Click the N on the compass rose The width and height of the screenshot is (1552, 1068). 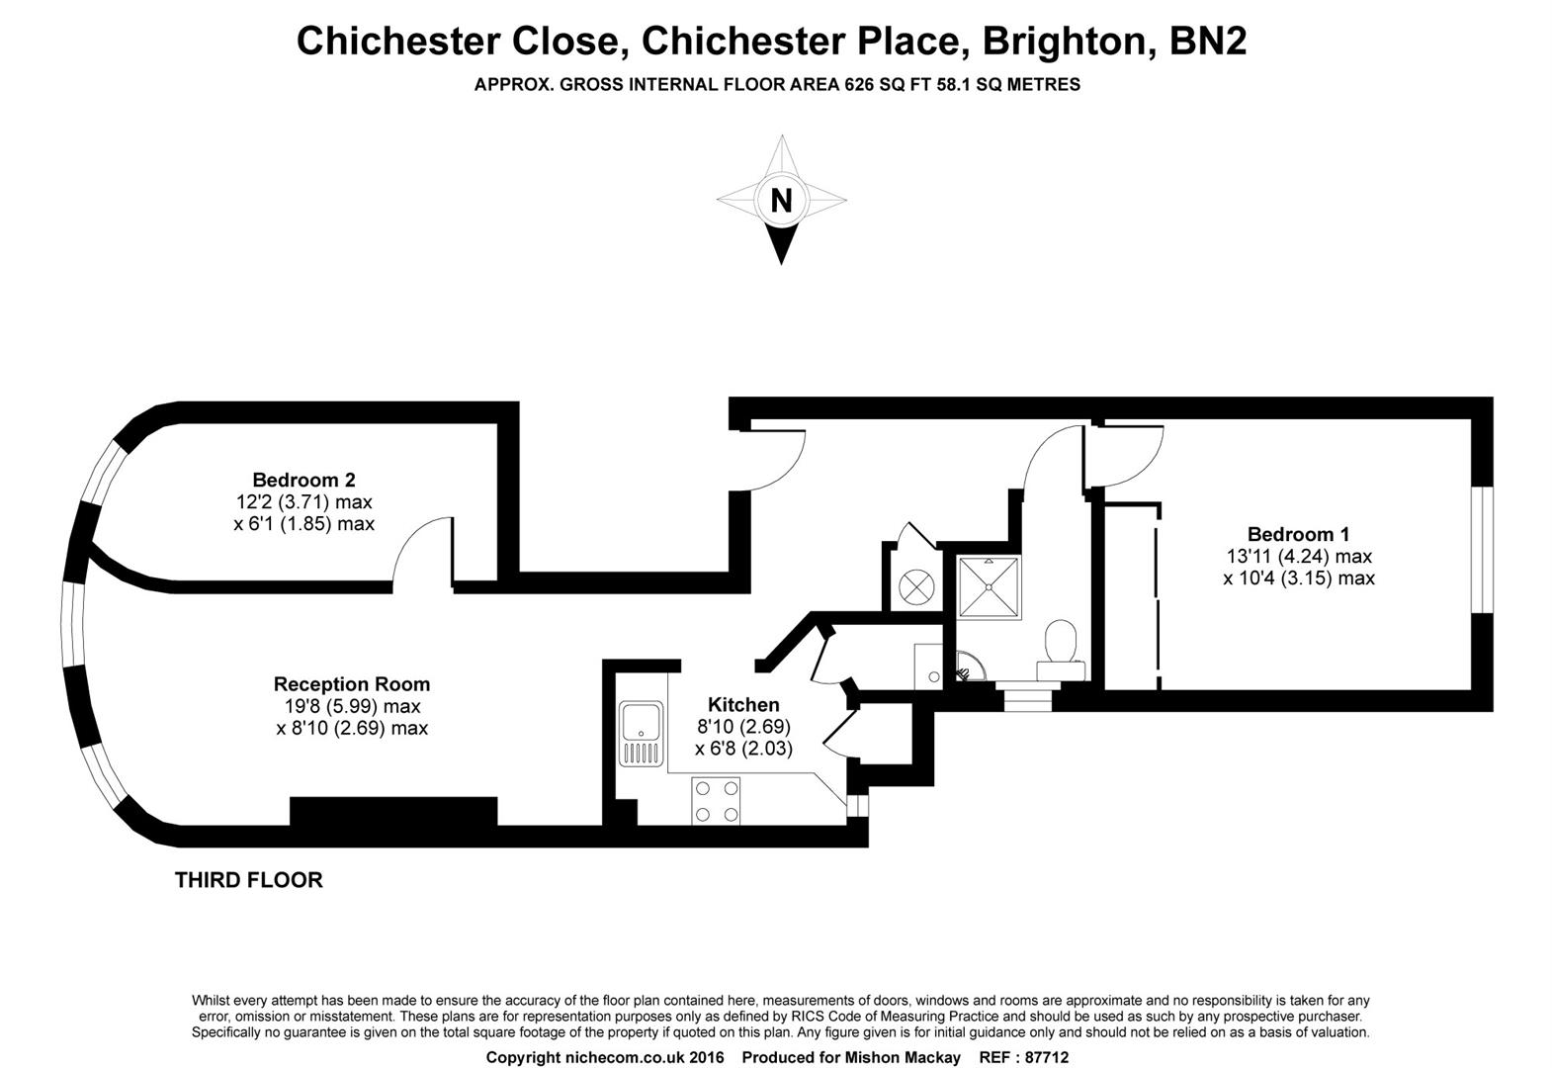(781, 201)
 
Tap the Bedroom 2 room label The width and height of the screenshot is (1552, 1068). (303, 481)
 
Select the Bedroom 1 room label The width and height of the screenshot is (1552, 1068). (1298, 534)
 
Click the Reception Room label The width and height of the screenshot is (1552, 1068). (351, 684)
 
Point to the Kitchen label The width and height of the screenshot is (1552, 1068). (743, 705)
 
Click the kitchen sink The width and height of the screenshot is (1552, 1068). (642, 733)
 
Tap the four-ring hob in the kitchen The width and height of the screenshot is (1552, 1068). (717, 800)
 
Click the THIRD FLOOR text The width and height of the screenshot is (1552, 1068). (248, 880)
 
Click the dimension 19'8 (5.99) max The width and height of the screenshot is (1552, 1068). (352, 706)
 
